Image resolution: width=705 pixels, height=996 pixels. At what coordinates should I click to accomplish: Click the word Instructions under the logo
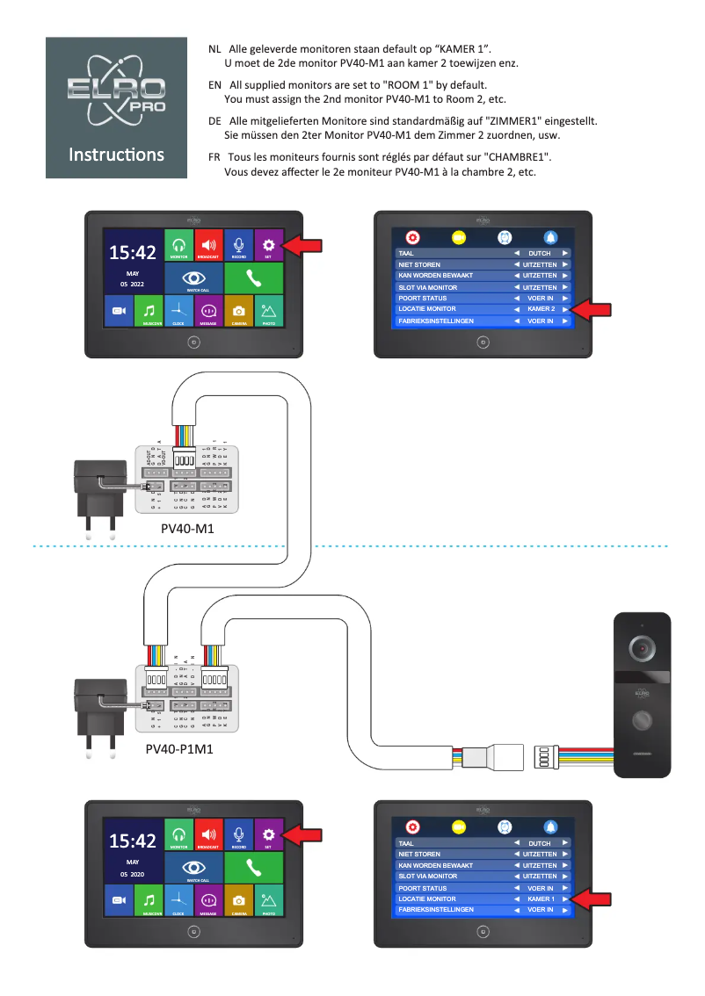point(116,155)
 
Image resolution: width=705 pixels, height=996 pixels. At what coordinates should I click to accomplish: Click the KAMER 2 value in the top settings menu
point(541,309)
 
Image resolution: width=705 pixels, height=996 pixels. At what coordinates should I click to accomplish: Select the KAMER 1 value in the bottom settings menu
point(541,899)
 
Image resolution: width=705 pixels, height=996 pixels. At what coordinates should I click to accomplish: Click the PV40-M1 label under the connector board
point(187,530)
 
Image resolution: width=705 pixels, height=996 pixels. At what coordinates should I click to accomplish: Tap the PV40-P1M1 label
point(179,750)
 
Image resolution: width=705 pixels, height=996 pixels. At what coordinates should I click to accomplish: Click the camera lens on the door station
point(643,649)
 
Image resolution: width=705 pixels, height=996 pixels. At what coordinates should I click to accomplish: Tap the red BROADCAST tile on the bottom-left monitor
point(208,835)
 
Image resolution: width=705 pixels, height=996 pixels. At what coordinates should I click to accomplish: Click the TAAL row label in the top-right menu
point(406,253)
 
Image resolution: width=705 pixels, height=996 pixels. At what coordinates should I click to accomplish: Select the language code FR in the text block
point(214,156)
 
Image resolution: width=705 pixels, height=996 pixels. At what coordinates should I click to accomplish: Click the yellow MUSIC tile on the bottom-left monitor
point(149,901)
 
